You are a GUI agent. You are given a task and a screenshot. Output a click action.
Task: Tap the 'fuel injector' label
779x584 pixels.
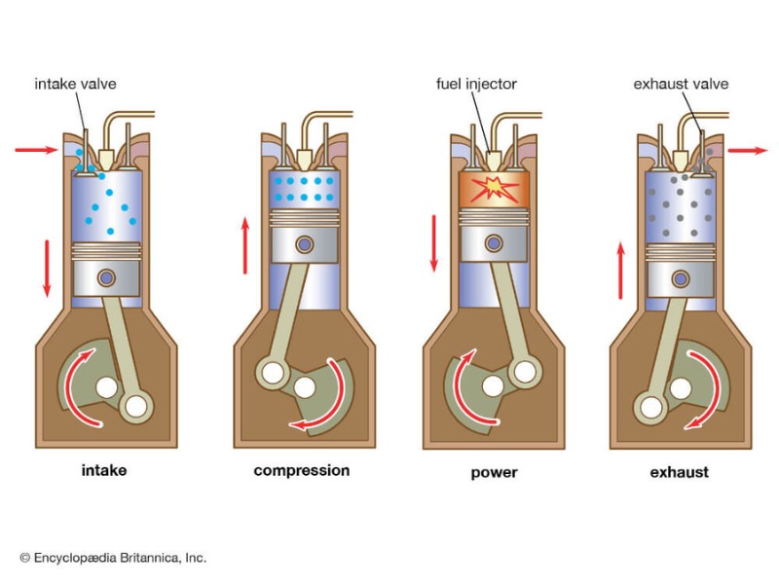[476, 84]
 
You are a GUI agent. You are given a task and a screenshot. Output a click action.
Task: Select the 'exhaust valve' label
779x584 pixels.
[680, 84]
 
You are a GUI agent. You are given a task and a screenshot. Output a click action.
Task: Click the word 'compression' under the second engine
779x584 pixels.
[301, 471]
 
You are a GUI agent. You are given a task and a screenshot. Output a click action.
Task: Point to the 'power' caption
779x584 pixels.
[494, 473]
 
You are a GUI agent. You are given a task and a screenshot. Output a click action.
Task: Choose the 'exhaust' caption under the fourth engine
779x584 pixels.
[679, 473]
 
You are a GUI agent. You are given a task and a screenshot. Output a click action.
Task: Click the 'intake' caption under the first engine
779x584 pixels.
[103, 471]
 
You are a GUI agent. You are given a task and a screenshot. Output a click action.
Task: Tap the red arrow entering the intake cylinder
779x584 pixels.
[36, 150]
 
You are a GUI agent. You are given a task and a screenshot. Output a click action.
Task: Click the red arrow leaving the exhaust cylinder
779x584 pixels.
[747, 150]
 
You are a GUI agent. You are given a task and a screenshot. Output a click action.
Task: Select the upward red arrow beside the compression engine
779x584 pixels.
[244, 245]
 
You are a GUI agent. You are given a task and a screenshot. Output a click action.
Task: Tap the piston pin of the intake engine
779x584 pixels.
[108, 277]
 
